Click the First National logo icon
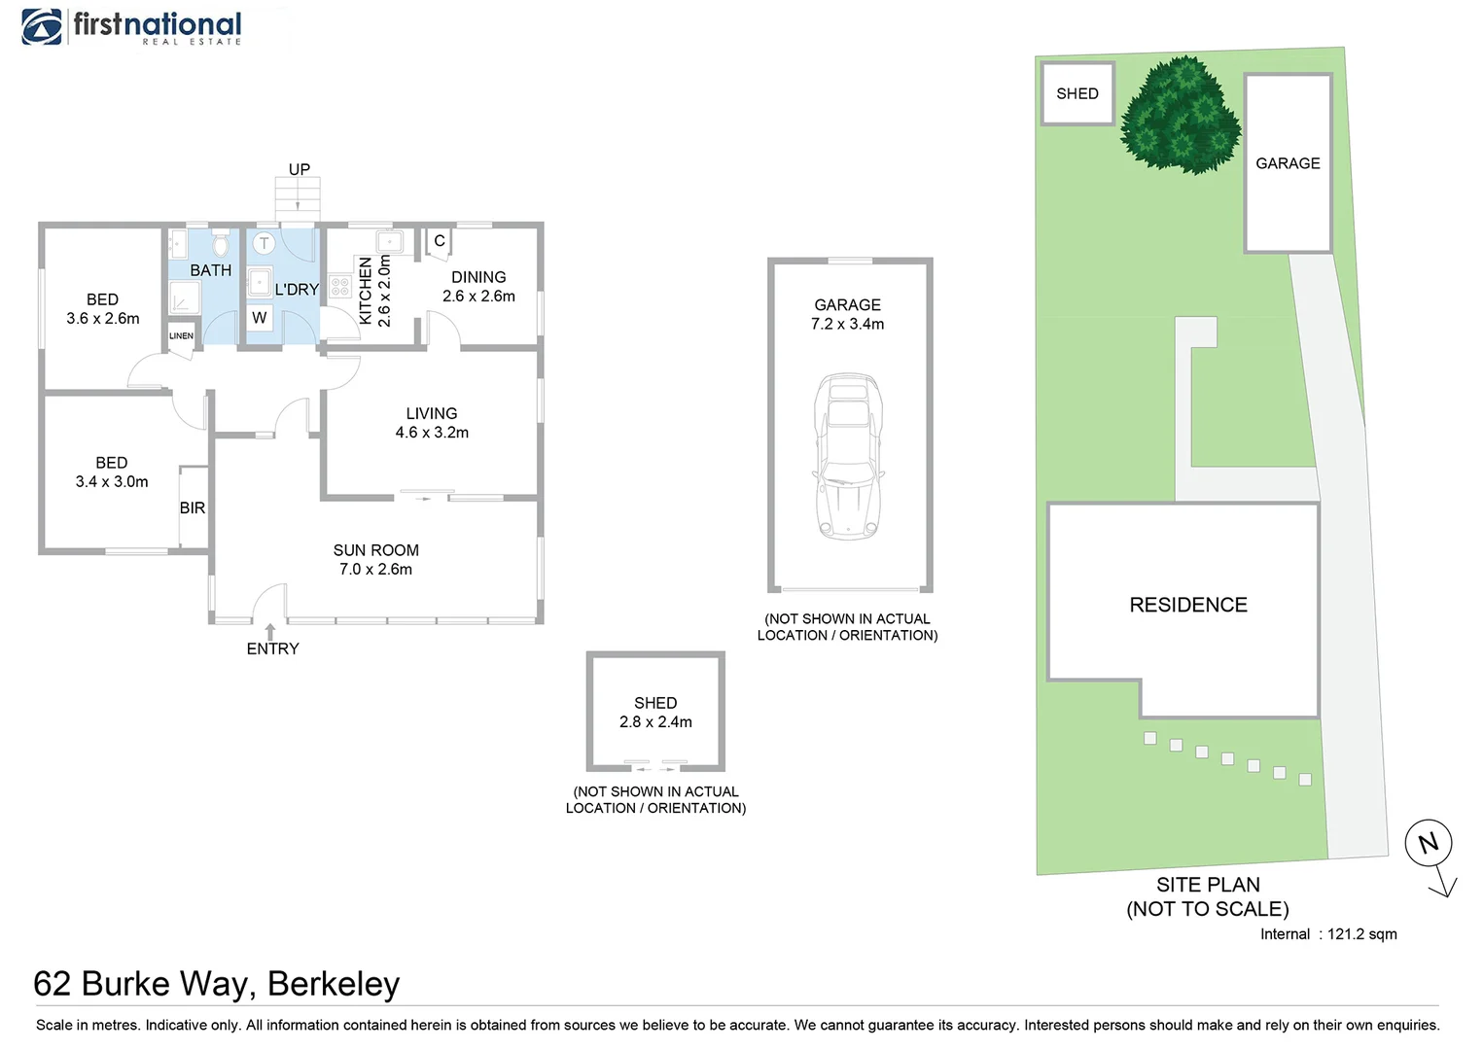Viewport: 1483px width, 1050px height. (42, 27)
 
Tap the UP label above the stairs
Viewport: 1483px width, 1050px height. (299, 169)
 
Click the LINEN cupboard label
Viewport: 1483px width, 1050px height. (181, 335)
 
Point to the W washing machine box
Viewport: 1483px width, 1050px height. (259, 318)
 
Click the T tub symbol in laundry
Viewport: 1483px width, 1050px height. (264, 243)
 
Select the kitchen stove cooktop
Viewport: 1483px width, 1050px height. (339, 286)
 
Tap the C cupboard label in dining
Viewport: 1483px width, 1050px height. (440, 241)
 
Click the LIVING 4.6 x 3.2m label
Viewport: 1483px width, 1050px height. (432, 423)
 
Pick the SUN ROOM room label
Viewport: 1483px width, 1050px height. (375, 550)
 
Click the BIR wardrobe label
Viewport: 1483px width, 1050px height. (193, 507)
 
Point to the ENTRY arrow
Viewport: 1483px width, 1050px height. (270, 632)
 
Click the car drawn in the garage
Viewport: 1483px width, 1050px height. (849, 456)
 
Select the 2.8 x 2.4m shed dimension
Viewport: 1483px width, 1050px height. (655, 721)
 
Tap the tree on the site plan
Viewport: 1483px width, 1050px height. (1181, 115)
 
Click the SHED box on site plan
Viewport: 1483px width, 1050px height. (1077, 93)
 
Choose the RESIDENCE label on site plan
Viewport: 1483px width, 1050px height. (1187, 605)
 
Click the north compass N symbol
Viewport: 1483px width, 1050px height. (1429, 843)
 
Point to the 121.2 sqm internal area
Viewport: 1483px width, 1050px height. (1361, 934)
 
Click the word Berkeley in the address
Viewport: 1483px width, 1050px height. (334, 984)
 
